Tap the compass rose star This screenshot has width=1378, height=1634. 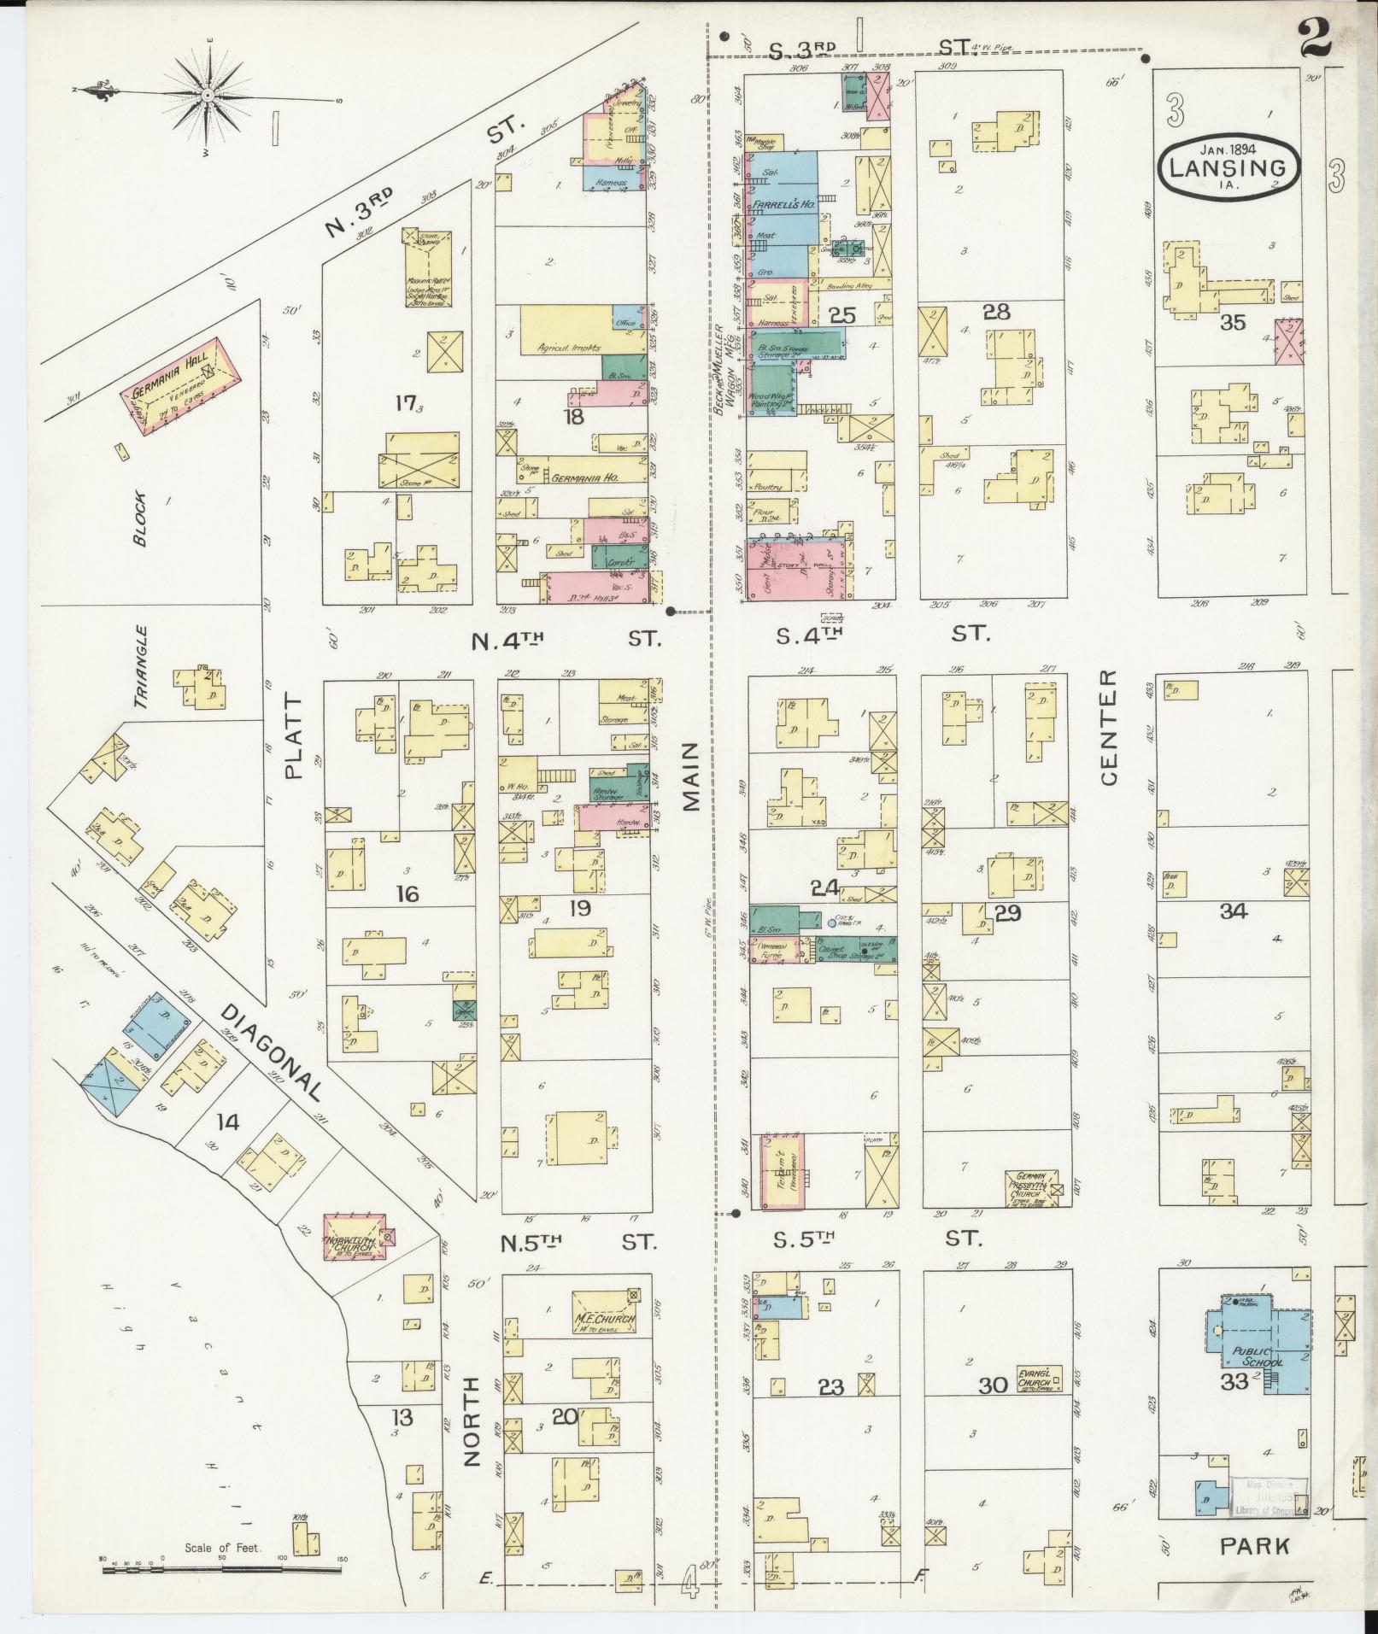point(209,93)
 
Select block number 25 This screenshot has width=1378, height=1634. point(841,317)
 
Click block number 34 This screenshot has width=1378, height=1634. point(1233,911)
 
